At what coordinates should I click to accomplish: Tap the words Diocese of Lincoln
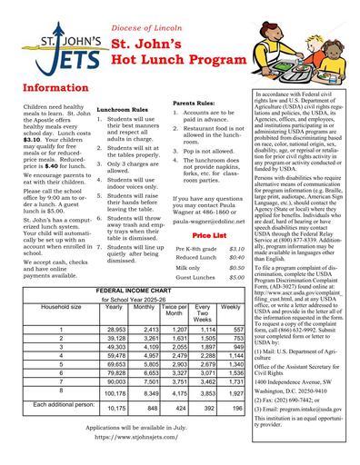(x=146, y=28)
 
